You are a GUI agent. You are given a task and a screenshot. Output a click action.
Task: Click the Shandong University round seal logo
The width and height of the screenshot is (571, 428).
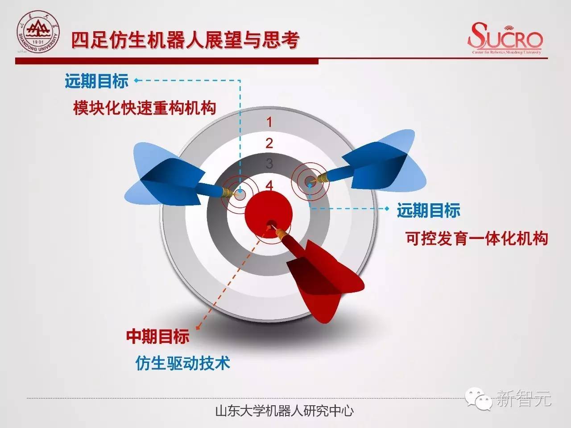pos(38,32)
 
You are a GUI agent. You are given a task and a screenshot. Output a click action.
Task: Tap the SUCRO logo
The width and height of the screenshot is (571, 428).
pos(505,38)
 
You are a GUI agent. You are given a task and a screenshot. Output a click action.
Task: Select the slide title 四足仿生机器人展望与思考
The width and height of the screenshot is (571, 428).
pos(185,40)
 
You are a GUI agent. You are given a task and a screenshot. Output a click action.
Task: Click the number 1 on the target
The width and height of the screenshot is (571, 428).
pos(269,122)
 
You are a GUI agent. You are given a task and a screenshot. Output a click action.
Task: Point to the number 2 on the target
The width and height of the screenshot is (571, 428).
pos(269,143)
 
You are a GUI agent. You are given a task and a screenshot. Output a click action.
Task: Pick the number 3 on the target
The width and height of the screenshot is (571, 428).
pos(269,164)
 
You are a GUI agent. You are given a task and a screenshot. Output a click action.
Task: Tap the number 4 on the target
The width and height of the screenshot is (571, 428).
pos(269,185)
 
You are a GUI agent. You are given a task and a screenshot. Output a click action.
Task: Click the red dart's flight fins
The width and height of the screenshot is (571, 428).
pos(326,281)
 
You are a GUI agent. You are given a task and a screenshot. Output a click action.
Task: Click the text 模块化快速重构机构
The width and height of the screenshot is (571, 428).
pos(145,108)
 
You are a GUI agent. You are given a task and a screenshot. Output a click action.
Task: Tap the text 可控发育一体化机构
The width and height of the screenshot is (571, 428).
pos(477,238)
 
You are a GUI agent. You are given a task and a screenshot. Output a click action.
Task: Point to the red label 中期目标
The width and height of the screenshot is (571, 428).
pos(158,337)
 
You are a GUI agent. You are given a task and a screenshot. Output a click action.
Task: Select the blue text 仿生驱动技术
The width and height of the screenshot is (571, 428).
pos(183,363)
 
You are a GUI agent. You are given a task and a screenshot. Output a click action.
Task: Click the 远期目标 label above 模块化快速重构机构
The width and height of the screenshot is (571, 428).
pos(97,81)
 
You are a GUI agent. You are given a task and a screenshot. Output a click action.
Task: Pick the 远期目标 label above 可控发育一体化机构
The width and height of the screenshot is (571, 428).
pos(429,210)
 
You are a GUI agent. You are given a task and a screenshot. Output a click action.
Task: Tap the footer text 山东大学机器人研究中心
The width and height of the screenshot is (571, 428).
pos(285,411)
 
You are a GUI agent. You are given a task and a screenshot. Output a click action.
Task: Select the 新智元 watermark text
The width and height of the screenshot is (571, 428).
pos(523,398)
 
